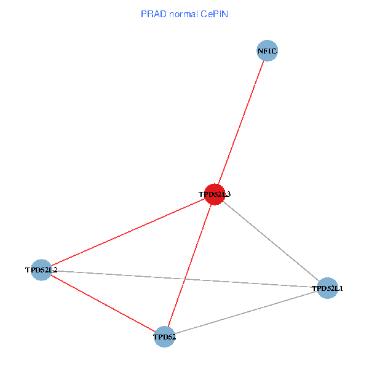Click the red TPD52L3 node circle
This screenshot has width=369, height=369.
[x=214, y=194]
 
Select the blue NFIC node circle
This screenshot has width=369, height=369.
[x=268, y=51]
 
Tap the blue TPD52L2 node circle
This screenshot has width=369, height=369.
[x=41, y=269]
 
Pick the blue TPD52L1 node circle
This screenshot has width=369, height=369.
[x=328, y=288]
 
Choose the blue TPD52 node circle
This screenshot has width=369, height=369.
[x=164, y=336]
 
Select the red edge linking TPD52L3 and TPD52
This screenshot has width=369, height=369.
[x=189, y=265]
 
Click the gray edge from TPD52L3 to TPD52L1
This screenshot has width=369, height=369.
[x=271, y=241]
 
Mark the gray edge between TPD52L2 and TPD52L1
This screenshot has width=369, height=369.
[x=184, y=279]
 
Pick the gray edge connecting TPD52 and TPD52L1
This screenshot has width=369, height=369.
[x=246, y=312]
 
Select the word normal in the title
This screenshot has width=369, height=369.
[x=182, y=14]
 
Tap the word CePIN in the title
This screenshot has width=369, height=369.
[x=214, y=14]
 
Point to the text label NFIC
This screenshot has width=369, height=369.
[x=268, y=51]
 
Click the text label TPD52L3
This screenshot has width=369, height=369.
[x=214, y=194]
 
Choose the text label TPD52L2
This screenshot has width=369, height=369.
[x=41, y=270]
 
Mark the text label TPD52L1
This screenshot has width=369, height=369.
[x=327, y=288]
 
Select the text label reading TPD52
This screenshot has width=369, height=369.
[x=164, y=337]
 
